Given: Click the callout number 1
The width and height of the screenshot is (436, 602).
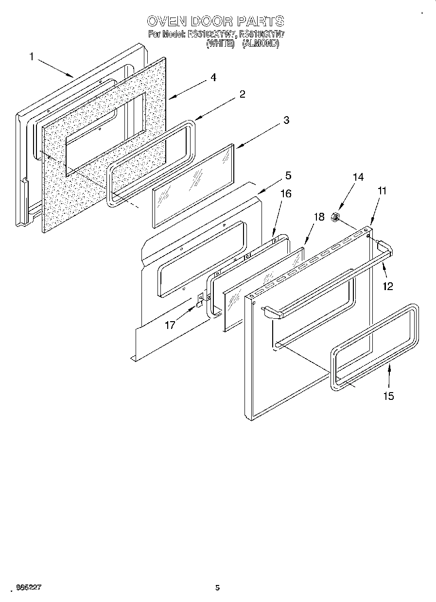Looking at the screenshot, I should (32, 57).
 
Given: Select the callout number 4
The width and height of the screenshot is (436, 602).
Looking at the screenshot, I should (213, 78).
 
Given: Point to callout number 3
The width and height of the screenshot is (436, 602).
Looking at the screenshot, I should (286, 120).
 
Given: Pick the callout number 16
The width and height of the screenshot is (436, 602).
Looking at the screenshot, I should (286, 194).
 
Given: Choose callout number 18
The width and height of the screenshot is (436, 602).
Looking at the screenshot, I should (318, 217).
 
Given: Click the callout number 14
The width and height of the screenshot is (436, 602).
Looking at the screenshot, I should (358, 177).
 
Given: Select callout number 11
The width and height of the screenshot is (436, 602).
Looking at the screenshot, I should (382, 191).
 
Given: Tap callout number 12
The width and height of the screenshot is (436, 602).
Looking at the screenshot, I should (387, 286).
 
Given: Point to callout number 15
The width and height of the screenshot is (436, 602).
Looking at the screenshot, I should (388, 396).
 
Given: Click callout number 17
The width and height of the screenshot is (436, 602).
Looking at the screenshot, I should (170, 325).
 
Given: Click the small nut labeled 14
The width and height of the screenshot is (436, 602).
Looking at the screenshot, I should (335, 218).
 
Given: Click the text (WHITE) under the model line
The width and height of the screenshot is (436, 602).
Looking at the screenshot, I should (220, 43).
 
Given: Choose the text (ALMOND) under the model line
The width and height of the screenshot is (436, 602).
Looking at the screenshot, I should (261, 43).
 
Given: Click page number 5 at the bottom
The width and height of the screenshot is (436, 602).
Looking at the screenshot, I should (217, 587).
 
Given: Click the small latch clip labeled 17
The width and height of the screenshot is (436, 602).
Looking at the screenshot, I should (199, 301).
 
